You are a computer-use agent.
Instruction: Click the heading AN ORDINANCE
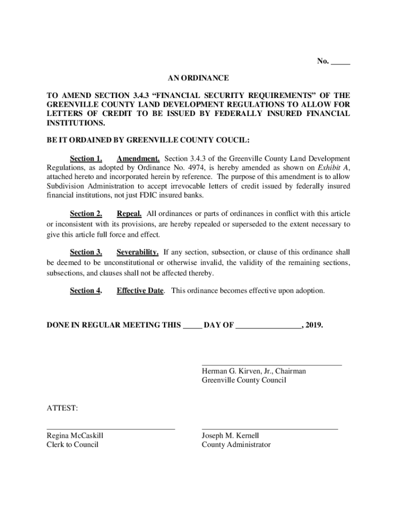click(x=198, y=78)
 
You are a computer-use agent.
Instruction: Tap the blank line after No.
click(x=340, y=63)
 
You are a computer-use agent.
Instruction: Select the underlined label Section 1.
click(x=86, y=159)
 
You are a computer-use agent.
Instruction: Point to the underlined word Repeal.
click(x=129, y=214)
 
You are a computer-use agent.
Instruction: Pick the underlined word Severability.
click(x=137, y=252)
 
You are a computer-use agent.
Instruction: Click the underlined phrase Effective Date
click(x=140, y=291)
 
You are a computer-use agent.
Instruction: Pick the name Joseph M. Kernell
click(x=230, y=436)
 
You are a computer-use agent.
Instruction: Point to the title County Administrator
click(x=236, y=445)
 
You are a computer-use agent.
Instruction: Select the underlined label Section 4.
click(x=86, y=291)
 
